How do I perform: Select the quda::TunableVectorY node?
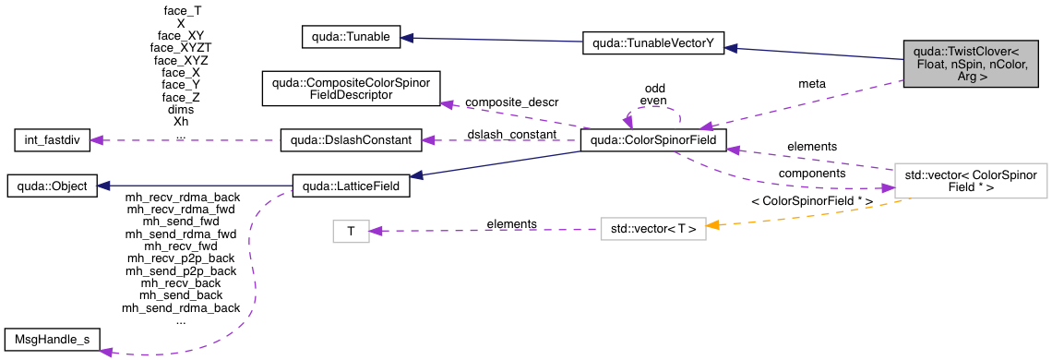coord(652,42)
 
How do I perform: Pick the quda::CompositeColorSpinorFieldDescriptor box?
coord(353,88)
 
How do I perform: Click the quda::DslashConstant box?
coord(351,140)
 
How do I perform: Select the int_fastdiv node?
coord(55,140)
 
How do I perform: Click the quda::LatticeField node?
coord(351,186)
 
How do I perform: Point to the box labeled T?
coord(351,231)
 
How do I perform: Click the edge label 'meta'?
coord(812,84)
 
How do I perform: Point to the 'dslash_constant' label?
coord(511,135)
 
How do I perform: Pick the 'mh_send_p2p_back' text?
coord(181,271)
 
